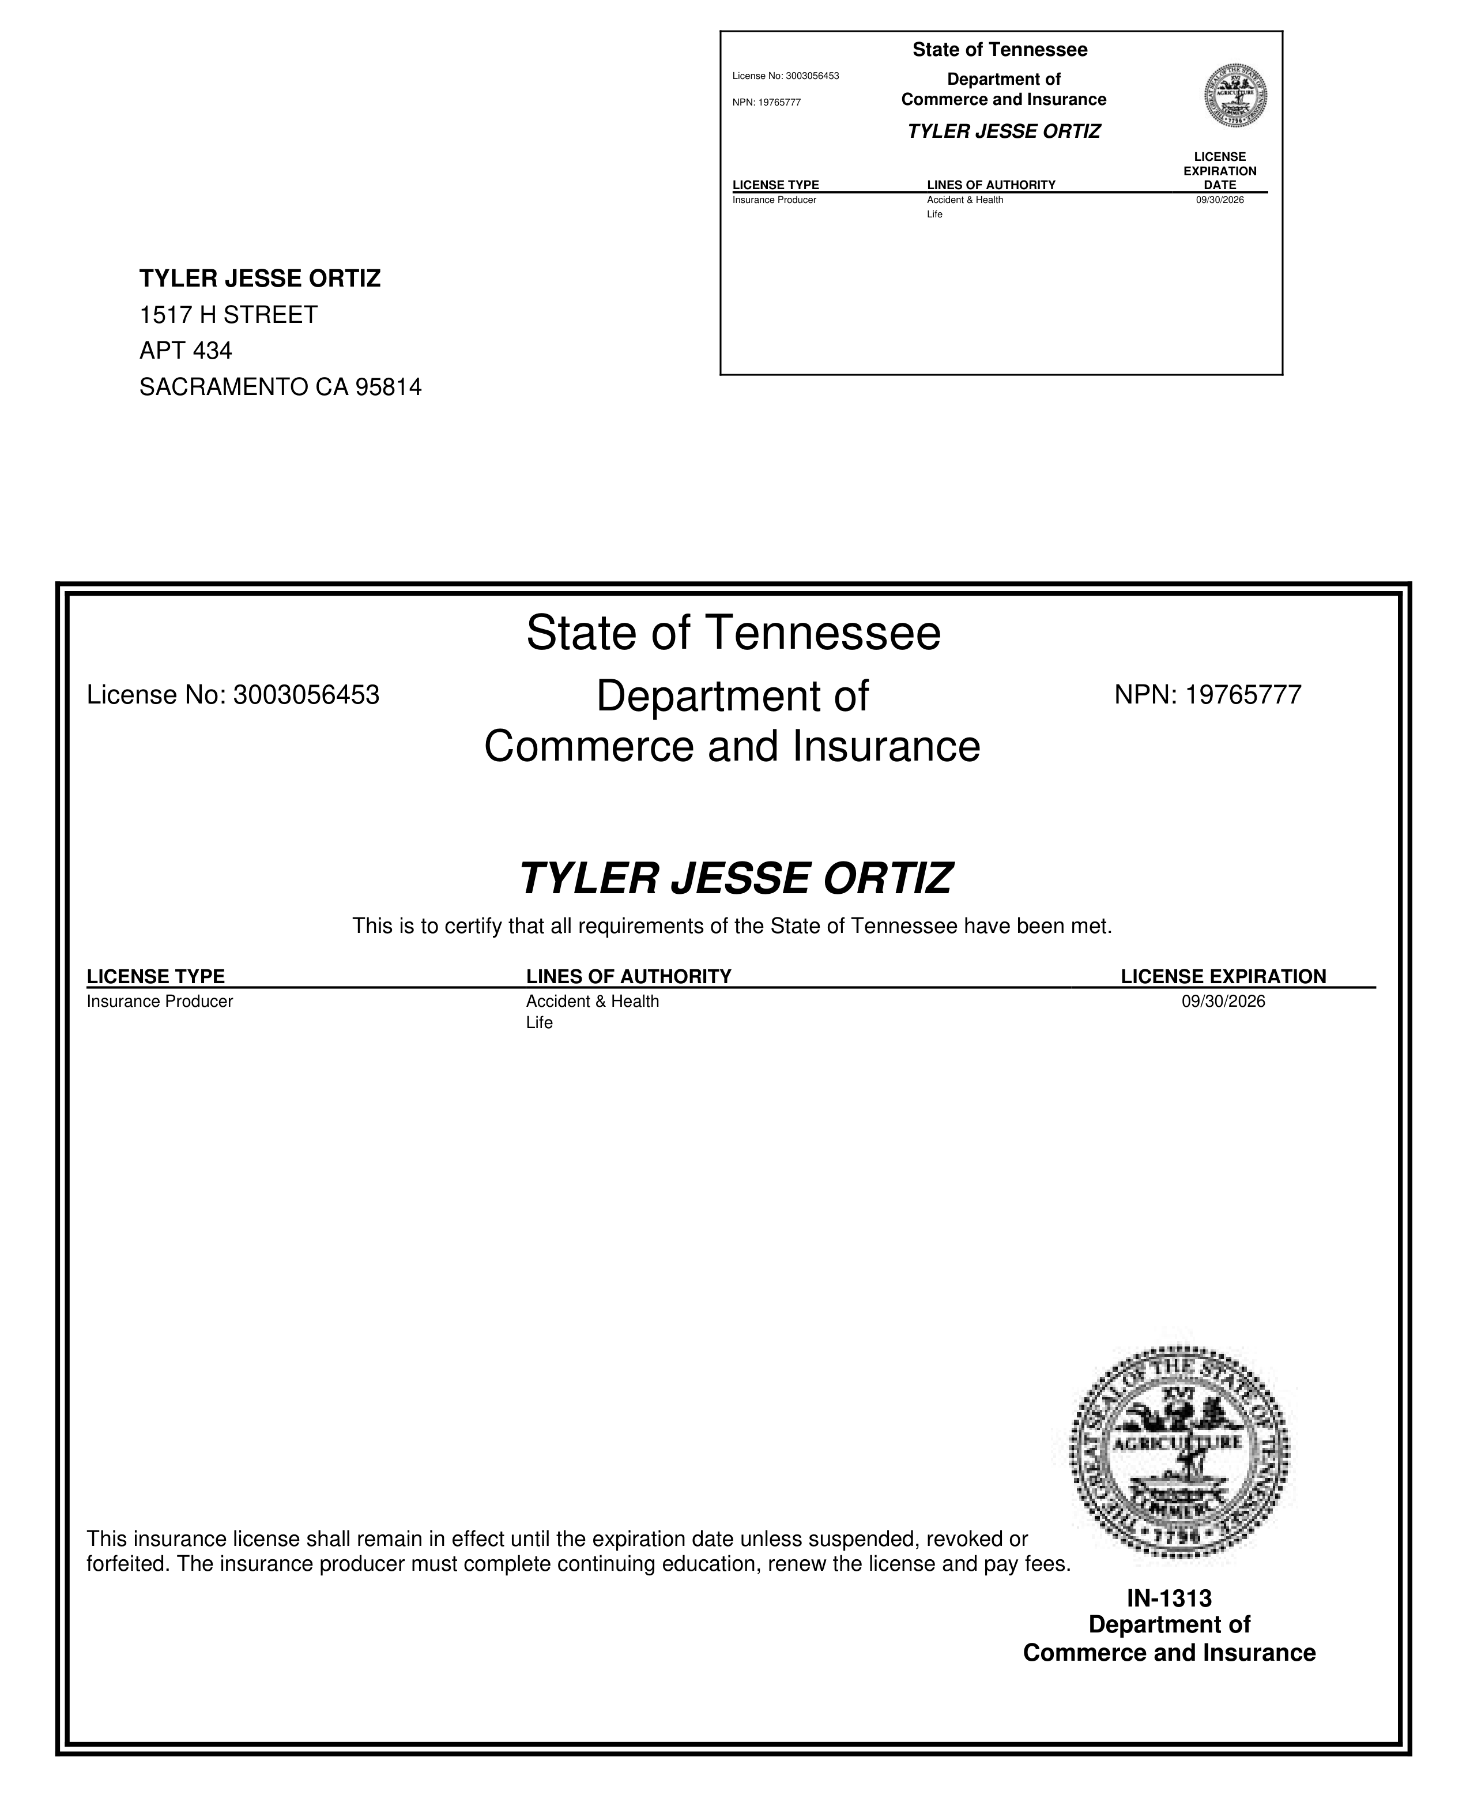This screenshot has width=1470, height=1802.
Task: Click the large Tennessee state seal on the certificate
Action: tap(1179, 1453)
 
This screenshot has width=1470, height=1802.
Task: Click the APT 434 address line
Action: tap(186, 351)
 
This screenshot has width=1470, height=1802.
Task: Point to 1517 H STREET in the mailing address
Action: tap(228, 315)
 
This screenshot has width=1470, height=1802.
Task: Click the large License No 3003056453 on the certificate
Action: tap(233, 695)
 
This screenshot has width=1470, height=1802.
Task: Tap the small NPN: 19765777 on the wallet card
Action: tap(766, 103)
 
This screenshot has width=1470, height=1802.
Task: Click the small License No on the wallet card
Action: tap(785, 76)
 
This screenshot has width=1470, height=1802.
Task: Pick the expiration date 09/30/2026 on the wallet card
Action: tap(1219, 200)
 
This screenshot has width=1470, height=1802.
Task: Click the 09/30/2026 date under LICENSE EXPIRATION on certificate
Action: tap(1223, 1001)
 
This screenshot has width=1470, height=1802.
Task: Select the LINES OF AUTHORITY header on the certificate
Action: tap(628, 976)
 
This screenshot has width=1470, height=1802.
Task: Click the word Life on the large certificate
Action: tap(540, 1023)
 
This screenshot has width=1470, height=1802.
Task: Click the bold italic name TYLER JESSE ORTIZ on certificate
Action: tap(735, 878)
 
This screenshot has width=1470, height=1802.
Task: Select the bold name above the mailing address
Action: tap(260, 279)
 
